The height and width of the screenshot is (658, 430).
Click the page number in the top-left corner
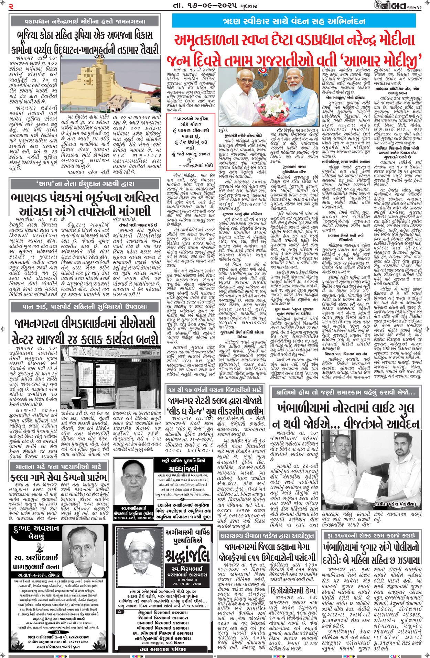click(11, 6)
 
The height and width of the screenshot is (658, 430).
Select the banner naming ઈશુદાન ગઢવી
click(85, 184)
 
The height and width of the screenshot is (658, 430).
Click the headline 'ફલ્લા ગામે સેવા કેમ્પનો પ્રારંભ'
click(58, 478)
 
